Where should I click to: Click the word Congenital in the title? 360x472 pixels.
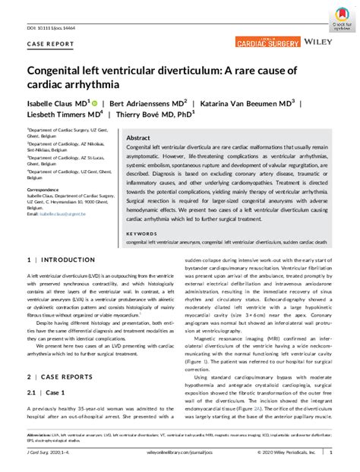tap(64, 71)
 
